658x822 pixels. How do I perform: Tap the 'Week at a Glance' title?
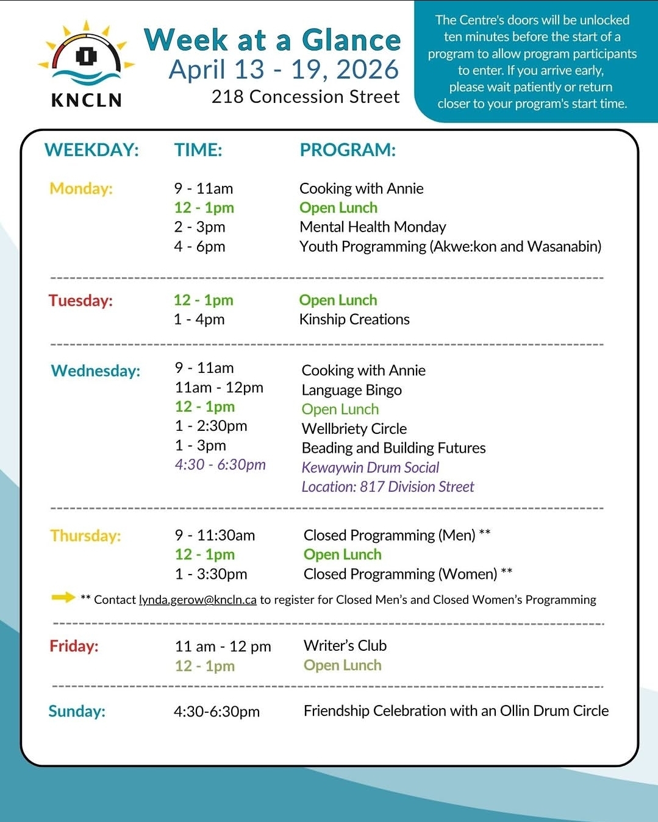point(272,40)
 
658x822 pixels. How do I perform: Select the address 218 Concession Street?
point(306,97)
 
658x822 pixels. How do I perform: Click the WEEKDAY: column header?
point(91,150)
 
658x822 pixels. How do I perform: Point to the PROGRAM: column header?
point(348,150)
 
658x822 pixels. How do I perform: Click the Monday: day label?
point(81,189)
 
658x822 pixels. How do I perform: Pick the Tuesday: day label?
point(80,300)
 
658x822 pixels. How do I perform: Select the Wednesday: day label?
point(96,371)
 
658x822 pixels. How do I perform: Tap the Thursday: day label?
point(85,536)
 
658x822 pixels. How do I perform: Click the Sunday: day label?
point(77,711)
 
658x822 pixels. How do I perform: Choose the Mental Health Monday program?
point(373,227)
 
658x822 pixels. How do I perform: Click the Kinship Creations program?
point(354,319)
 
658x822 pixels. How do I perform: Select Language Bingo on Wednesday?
point(351,390)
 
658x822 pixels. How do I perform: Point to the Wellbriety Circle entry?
point(354,429)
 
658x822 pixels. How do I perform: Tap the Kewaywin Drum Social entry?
point(370,467)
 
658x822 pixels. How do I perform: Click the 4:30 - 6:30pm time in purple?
point(220,465)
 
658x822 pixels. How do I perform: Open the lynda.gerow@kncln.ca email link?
point(198,600)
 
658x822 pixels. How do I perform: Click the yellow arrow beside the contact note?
point(63,597)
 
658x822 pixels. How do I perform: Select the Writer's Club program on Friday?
point(345,646)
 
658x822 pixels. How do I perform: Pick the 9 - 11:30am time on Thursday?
point(215,536)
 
